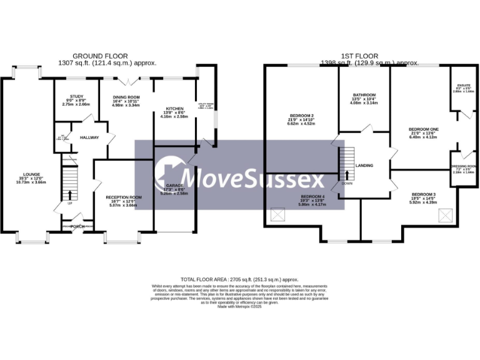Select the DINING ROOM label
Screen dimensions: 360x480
pos(126,97)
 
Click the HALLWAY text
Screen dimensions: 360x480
pos(89,137)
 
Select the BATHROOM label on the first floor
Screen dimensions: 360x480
pos(364,94)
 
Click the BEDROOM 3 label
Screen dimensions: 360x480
pos(423,194)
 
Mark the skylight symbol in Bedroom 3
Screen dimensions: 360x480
pos(446,216)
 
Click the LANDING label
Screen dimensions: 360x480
pos(364,166)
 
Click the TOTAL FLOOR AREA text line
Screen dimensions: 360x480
pos(239,279)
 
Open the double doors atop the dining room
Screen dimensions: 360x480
pos(127,80)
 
